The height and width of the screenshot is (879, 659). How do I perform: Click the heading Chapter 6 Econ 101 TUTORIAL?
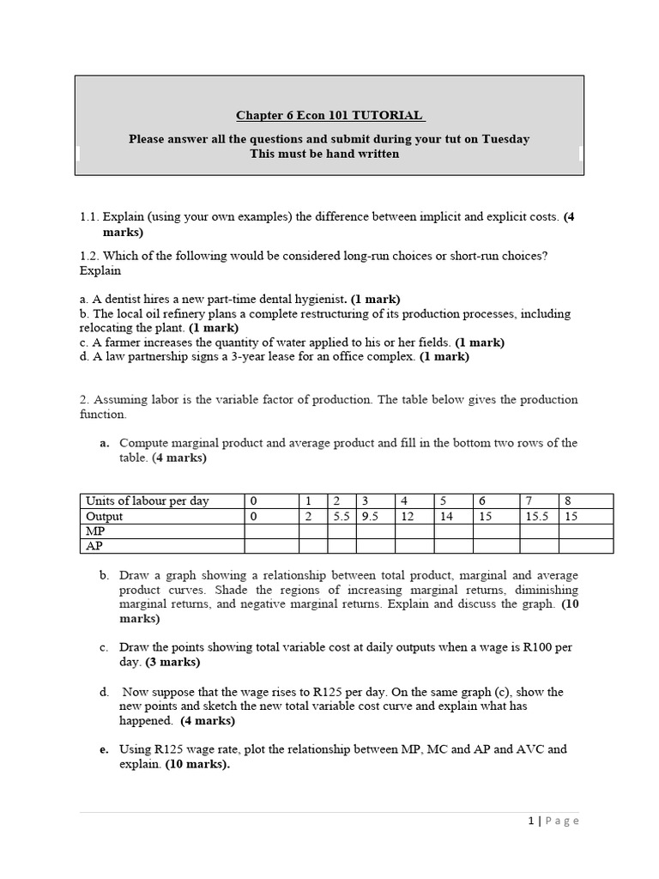coord(329,116)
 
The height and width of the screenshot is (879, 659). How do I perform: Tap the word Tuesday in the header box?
coord(505,138)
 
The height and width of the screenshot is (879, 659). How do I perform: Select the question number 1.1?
coord(91,217)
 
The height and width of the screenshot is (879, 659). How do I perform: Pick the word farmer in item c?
coord(124,342)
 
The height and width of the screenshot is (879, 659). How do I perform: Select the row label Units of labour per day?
coord(147,500)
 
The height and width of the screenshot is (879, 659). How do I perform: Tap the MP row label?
coord(95,531)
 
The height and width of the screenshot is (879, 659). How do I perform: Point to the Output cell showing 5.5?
coord(342,516)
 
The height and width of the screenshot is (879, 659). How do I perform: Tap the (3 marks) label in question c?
coord(172,662)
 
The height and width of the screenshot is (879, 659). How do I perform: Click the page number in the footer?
coord(531,821)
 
